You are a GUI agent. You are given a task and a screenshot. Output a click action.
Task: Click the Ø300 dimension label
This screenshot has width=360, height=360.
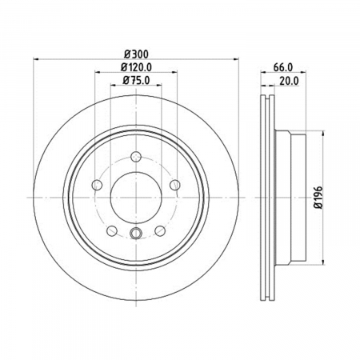tap(136, 54)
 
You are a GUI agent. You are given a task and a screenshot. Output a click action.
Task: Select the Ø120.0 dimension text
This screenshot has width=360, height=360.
tap(136, 67)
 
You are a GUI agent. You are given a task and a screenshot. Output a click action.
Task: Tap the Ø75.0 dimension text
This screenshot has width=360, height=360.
tap(136, 80)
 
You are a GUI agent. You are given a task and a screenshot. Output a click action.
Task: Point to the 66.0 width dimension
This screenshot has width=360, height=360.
tap(283, 67)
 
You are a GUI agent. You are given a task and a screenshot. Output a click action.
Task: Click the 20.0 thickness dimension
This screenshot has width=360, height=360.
tap(289, 81)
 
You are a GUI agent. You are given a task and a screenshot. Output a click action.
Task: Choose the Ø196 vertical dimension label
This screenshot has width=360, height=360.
tap(318, 198)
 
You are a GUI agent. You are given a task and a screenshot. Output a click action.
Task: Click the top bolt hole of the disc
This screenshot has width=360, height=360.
tap(136, 156)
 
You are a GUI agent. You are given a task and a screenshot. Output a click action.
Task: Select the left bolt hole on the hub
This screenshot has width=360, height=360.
tap(97, 185)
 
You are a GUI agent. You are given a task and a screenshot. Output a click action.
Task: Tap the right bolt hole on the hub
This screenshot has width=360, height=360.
tap(175, 185)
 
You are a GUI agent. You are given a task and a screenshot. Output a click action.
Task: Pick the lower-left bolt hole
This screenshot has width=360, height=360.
tap(112, 231)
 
